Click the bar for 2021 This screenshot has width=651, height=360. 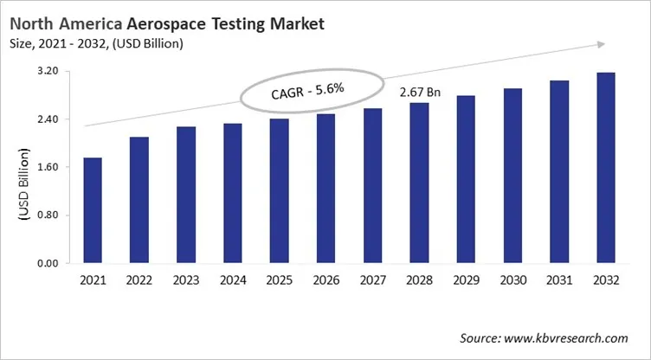pyautogui.click(x=93, y=210)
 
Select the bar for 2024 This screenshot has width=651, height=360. pyautogui.click(x=232, y=193)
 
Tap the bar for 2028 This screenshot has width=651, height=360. pyautogui.click(x=419, y=183)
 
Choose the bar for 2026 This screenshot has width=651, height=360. pyautogui.click(x=325, y=188)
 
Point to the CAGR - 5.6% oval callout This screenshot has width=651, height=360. pyautogui.click(x=311, y=88)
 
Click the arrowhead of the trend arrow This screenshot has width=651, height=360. pyautogui.click(x=600, y=44)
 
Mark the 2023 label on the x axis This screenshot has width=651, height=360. pyautogui.click(x=185, y=282)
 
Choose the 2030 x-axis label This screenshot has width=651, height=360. pyautogui.click(x=512, y=282)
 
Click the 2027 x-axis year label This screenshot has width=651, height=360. pyautogui.click(x=372, y=282)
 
